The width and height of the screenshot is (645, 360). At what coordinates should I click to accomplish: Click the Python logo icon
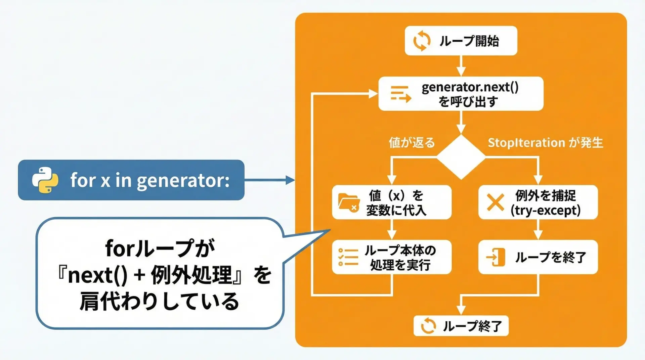point(45,180)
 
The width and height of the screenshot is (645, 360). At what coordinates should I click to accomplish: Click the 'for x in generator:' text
point(150,180)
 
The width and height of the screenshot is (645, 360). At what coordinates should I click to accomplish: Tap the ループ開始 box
point(461,41)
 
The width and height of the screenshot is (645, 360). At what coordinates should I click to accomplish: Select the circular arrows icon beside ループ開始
point(422,41)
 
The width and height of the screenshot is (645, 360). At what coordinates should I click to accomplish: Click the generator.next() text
point(470,87)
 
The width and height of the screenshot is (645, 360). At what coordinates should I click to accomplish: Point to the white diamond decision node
point(461,157)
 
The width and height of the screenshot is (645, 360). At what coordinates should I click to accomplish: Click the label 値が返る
point(412,143)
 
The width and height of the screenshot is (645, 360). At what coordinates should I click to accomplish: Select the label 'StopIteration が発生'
point(545,143)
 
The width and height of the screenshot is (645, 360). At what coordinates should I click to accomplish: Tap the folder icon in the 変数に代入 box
point(348,203)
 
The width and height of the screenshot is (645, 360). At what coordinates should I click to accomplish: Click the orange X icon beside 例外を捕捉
point(495,202)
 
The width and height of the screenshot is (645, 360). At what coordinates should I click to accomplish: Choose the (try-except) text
point(545,211)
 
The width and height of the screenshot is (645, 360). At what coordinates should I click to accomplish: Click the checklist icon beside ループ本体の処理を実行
point(348,257)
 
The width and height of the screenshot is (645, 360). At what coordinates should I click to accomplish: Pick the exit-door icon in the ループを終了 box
point(496,257)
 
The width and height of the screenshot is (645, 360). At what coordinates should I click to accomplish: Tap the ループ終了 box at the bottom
point(461,326)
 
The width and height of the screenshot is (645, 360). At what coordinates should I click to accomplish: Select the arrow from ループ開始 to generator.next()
point(461,66)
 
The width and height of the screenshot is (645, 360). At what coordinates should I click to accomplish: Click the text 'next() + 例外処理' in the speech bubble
point(150,275)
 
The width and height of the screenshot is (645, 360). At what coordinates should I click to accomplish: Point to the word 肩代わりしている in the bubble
point(159,301)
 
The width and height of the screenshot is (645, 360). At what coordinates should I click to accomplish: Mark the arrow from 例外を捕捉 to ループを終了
point(538,229)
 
